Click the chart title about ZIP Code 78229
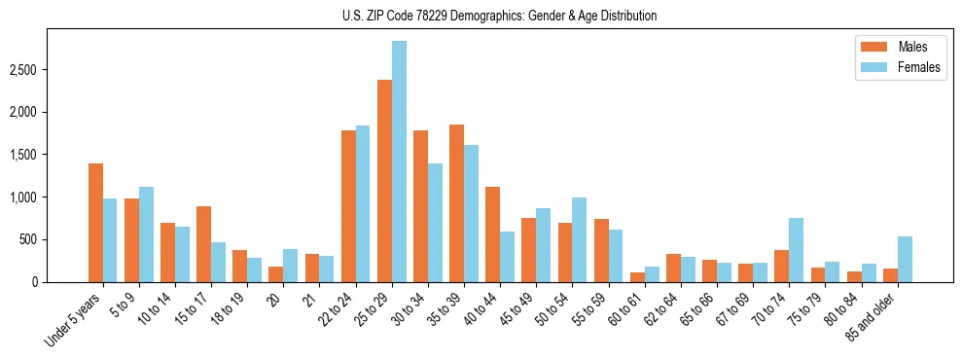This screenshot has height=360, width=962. pyautogui.click(x=500, y=16)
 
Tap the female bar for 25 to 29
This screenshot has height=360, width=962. pyautogui.click(x=399, y=162)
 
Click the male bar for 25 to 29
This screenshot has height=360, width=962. pyautogui.click(x=384, y=181)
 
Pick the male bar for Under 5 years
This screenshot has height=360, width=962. pyautogui.click(x=95, y=223)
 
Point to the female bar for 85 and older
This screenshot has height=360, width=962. pyautogui.click(x=905, y=259)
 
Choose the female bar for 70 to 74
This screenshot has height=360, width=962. pyautogui.click(x=796, y=250)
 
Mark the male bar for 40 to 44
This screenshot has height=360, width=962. pyautogui.click(x=493, y=234)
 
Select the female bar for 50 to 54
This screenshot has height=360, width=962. pyautogui.click(x=579, y=239)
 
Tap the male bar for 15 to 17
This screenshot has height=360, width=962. pyautogui.click(x=203, y=244)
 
